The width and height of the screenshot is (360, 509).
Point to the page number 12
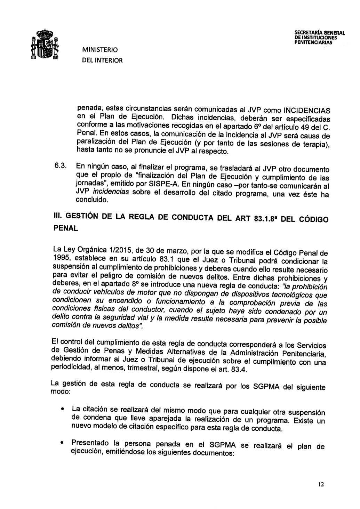tap(320, 485)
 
